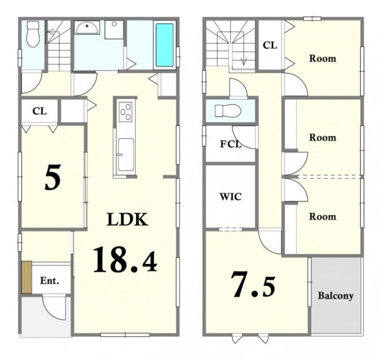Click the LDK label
coord(127,219)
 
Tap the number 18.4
coord(125,259)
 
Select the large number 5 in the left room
coord(53,177)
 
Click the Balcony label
coord(336,296)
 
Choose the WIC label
coord(231,196)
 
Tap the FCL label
coord(231,144)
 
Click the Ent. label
coord(49,281)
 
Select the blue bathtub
coord(165,45)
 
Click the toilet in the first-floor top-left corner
coord(33,33)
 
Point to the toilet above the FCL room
coord(228,111)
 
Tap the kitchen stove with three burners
coord(126,112)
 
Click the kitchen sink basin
coord(126,155)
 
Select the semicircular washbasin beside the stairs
coord(87,28)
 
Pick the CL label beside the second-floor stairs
coord(270,45)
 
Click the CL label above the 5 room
coord(40,111)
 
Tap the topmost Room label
coord(323,58)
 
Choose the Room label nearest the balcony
coord(323,216)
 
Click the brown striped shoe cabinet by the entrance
coord(26,277)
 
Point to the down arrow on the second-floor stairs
coord(244,62)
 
